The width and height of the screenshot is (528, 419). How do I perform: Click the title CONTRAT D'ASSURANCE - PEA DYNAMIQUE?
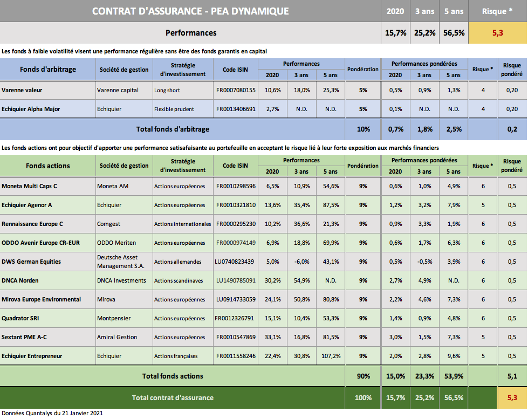(190, 11)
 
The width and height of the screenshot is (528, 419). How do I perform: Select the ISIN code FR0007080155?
(236, 90)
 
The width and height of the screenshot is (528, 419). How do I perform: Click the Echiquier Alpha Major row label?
(31, 109)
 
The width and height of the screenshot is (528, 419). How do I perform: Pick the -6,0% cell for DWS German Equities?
(301, 262)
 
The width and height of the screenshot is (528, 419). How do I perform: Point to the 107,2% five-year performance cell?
(331, 356)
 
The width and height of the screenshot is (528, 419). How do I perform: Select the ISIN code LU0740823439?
(236, 262)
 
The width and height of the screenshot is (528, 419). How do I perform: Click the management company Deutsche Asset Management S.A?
(117, 262)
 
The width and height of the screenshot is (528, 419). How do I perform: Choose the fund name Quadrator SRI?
(20, 318)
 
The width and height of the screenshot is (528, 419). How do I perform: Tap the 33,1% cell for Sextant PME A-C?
(272, 337)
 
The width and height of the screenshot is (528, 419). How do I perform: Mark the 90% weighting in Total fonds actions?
(363, 376)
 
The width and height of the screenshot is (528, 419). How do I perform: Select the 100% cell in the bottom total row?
(363, 398)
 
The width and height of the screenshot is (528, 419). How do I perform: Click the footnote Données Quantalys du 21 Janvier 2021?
(52, 414)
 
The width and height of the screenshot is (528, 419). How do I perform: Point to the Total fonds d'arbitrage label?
(172, 129)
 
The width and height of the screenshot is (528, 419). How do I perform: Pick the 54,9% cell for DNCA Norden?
(301, 280)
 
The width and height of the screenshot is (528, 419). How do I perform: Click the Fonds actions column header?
(47, 166)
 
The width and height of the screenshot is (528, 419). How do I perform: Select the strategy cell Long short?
(167, 90)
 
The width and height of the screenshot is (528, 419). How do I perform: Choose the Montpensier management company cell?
(114, 318)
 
